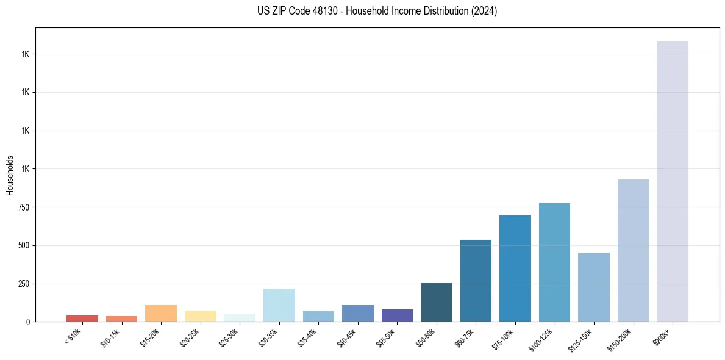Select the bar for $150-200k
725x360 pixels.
point(633,250)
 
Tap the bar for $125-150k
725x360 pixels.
point(593,287)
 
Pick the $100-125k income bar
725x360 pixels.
point(554,262)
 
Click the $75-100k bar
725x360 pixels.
point(515,268)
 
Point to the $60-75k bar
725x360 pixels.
point(476,281)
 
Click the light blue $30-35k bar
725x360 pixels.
point(279,305)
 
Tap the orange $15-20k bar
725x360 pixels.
point(161,313)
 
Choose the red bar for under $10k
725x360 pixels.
point(82,319)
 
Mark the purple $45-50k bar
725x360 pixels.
point(397,315)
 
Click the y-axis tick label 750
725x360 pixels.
point(24,207)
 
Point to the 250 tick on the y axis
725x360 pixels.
point(24,284)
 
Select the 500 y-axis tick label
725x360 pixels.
point(24,245)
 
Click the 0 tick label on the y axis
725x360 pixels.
point(28,322)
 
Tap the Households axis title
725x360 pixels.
point(10,175)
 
